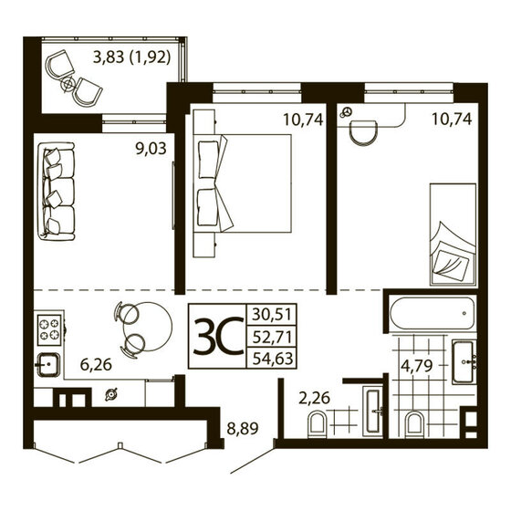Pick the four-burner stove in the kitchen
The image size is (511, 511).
[x=48, y=327]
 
